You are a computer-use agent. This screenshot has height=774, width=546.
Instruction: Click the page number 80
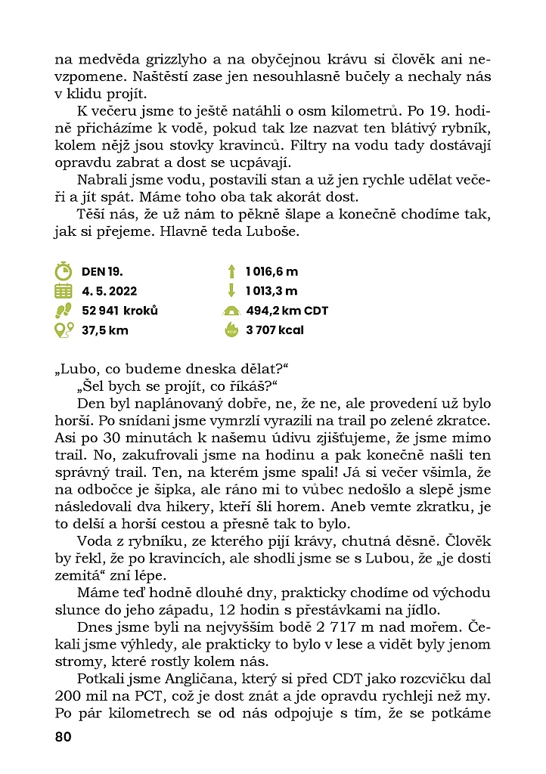coord(63,737)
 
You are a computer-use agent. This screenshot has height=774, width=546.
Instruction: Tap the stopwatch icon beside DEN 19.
coord(64,271)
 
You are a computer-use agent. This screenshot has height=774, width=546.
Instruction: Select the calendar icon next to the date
coord(64,291)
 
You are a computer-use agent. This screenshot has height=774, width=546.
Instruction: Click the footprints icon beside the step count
coord(64,311)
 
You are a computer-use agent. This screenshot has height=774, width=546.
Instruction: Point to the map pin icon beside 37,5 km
coord(64,330)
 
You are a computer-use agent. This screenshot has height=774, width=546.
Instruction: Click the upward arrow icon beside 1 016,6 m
coord(230,271)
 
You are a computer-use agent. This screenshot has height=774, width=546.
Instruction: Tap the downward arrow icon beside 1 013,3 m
coord(230,291)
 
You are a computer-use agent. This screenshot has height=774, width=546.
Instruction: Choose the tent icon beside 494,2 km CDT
coord(230,311)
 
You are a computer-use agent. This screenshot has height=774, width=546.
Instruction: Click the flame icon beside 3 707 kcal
coord(230,330)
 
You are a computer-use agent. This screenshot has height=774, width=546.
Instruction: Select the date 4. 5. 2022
coord(110,291)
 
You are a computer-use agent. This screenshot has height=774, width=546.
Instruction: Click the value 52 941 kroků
coord(119,311)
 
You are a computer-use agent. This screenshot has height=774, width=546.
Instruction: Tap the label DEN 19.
coord(102,271)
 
